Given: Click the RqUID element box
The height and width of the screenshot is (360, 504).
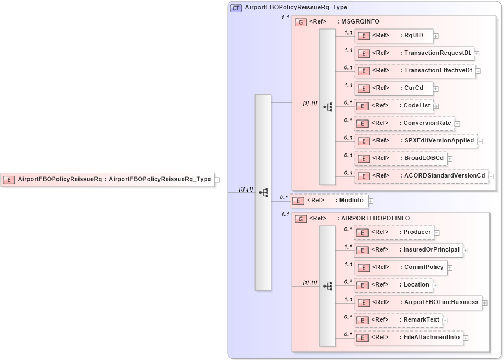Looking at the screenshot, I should coord(394,36).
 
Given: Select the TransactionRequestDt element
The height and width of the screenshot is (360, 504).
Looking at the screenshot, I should coord(414,54).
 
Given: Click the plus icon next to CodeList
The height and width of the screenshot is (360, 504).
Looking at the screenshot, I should coord(436,106).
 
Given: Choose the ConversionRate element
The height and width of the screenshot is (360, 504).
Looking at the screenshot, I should coord(404,123).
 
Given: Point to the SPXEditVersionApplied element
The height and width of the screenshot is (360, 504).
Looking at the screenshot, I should coord(415,141).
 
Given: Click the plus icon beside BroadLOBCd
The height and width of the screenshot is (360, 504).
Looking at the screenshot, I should coord(450,159).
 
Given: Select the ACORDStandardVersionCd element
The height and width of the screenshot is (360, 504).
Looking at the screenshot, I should coord(421,176).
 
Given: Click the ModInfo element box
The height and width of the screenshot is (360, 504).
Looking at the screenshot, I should coord(328,201).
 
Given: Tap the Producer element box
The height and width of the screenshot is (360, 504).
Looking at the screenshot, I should coord(393,232).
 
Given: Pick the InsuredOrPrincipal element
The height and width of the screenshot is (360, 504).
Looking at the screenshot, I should coord(408,250).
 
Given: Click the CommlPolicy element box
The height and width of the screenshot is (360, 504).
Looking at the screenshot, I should coord(400,267).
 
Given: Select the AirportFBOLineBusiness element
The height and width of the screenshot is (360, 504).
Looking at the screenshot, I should coord(418,302).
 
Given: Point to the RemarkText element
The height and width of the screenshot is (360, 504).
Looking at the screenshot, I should coord(398,320).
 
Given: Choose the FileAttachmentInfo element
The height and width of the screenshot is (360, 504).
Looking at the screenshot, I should coord(408,338).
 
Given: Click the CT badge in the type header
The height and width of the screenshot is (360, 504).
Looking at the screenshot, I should coord(236,8).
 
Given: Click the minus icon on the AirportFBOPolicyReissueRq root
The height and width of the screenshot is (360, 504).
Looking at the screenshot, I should coord(217,179).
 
